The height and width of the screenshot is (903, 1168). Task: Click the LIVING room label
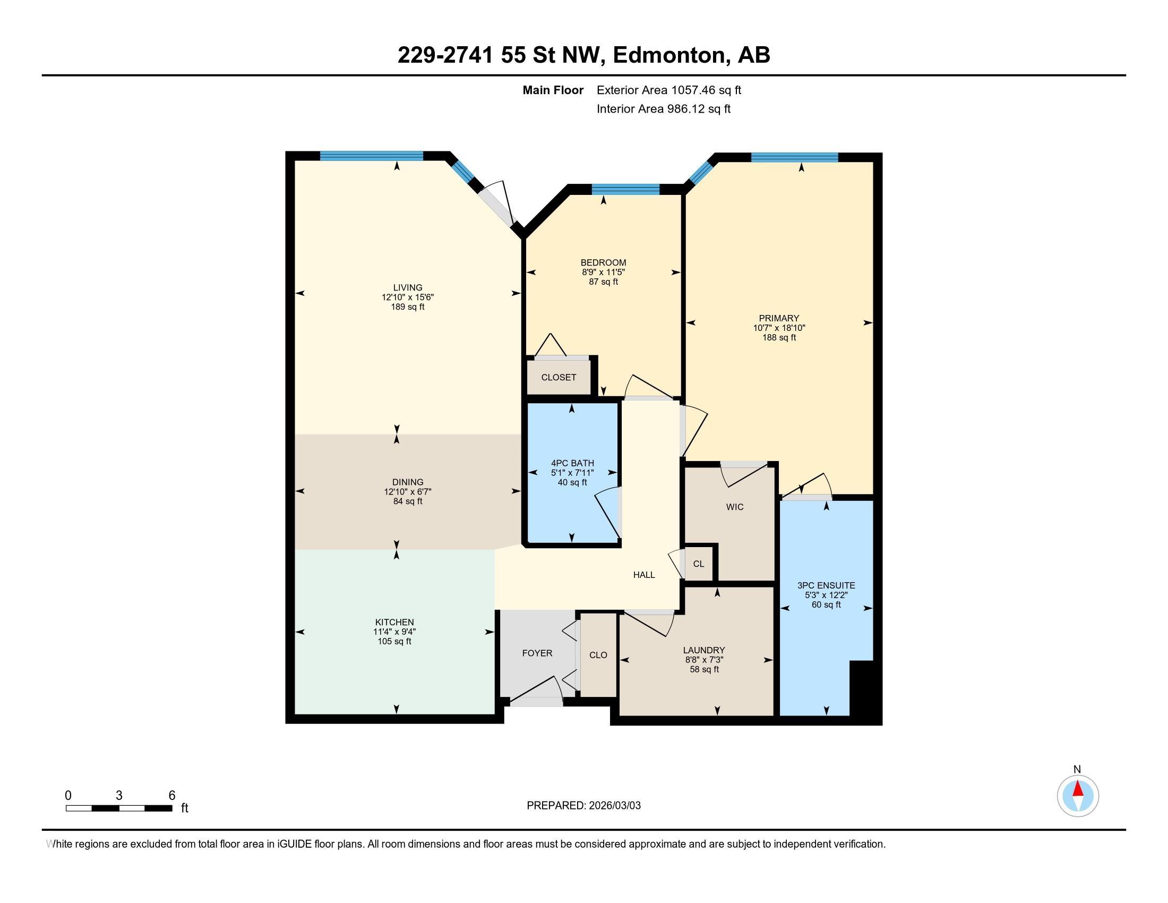(x=408, y=287)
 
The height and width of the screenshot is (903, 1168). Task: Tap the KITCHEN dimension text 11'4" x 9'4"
(x=394, y=632)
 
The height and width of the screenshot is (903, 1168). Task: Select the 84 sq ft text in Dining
(x=408, y=501)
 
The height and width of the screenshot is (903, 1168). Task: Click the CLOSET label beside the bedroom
(x=559, y=377)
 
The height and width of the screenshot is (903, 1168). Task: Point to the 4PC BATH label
(x=572, y=463)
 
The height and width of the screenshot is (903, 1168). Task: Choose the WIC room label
(x=734, y=507)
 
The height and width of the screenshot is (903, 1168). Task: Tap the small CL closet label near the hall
(x=699, y=564)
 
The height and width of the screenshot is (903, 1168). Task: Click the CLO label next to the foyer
(x=598, y=655)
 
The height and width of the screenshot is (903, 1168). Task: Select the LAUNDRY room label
(x=704, y=650)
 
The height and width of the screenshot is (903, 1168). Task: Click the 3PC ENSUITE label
(x=826, y=585)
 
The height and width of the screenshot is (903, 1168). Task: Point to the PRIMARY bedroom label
(x=779, y=318)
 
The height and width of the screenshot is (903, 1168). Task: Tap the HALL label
(x=644, y=575)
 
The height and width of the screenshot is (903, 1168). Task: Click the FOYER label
(x=537, y=653)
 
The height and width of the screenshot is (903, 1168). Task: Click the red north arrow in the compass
(x=1078, y=789)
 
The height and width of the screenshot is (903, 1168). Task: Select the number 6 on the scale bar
(x=171, y=796)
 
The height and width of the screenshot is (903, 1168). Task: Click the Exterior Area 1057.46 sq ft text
(x=668, y=90)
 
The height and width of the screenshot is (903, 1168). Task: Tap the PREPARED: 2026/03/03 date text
(x=583, y=806)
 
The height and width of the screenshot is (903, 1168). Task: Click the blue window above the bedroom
(x=625, y=189)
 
